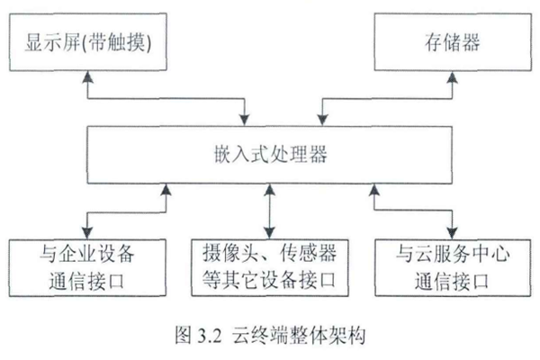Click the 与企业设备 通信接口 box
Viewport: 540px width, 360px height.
(87, 266)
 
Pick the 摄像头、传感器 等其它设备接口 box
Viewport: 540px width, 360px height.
(269, 266)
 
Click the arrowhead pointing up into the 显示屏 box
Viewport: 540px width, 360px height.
(86, 77)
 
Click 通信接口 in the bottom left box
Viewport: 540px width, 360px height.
(87, 280)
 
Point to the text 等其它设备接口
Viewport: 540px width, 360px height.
(269, 280)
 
